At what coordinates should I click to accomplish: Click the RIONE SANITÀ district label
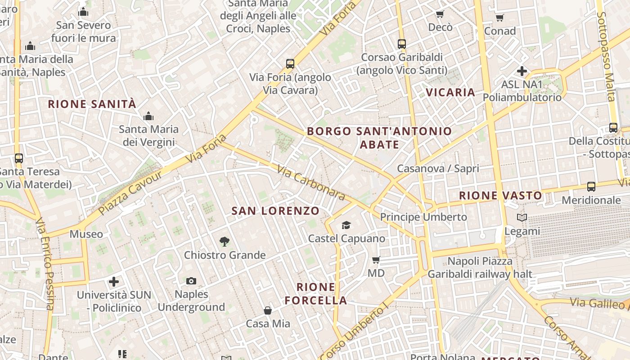92,104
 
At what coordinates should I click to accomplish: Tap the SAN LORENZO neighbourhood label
275,211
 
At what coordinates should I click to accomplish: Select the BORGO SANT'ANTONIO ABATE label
379,138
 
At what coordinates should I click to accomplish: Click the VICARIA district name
450,92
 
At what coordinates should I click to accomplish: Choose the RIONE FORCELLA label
316,293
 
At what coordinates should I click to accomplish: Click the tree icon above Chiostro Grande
225,242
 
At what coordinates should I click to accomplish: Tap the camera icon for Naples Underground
191,281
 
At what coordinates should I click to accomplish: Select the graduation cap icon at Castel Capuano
346,225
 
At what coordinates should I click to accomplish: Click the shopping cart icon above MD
376,260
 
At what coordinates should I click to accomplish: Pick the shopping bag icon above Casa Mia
268,310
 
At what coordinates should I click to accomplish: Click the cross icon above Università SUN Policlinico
114,282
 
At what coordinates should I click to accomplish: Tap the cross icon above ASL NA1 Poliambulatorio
522,71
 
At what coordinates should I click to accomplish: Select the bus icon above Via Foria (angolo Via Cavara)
290,64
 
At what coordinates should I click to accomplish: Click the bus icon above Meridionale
591,187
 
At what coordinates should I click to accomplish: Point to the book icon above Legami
522,218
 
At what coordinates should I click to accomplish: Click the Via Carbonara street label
310,182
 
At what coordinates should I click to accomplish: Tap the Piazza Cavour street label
130,193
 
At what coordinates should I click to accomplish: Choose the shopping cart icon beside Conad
499,18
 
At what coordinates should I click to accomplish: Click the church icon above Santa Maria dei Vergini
148,117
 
